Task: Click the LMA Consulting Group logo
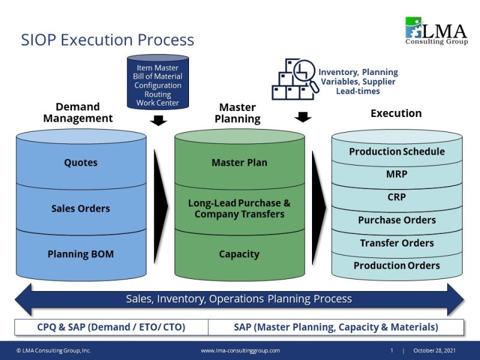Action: pos(436,31)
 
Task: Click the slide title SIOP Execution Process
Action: pos(107,40)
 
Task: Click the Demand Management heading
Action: pos(77,113)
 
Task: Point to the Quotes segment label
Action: pos(80,163)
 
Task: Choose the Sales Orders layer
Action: pos(80,208)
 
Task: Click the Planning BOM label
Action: pos(80,254)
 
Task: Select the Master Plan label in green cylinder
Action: pos(239,163)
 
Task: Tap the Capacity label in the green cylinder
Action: pos(239,254)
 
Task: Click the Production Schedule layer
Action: pos(397,151)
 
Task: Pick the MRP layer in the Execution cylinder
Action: pos(397,174)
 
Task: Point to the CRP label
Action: pos(397,197)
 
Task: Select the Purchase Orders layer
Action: pos(397,220)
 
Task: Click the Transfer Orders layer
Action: pos(397,243)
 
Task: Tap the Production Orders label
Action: pos(397,265)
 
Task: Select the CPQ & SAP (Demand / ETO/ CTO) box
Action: pos(112,327)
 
